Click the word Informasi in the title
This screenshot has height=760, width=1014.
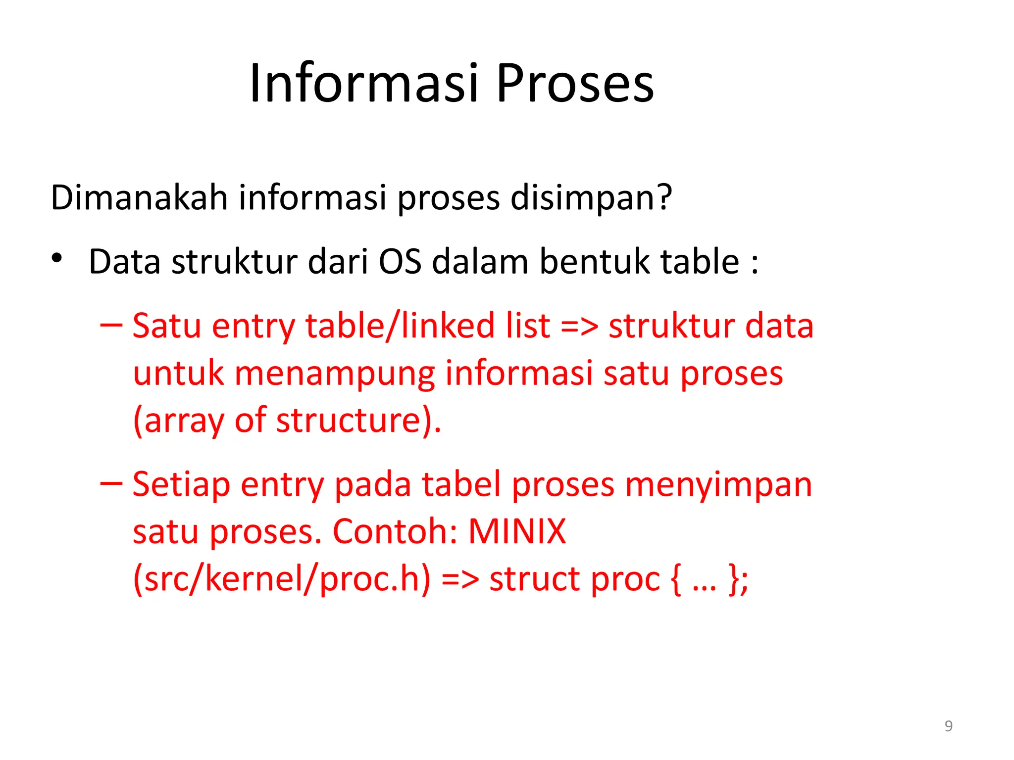pos(364,83)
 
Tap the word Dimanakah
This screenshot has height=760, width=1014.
pos(139,197)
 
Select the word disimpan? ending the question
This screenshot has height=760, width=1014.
pos(591,197)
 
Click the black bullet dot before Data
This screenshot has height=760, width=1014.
pos(57,258)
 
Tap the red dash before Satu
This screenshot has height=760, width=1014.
pos(111,325)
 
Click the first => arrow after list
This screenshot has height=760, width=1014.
pos(579,327)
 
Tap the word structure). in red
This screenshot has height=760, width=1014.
pos(358,421)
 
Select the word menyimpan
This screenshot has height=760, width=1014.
pos(718,484)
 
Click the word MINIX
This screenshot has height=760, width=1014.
pos(517,531)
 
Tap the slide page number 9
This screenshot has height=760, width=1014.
pos(948,726)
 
